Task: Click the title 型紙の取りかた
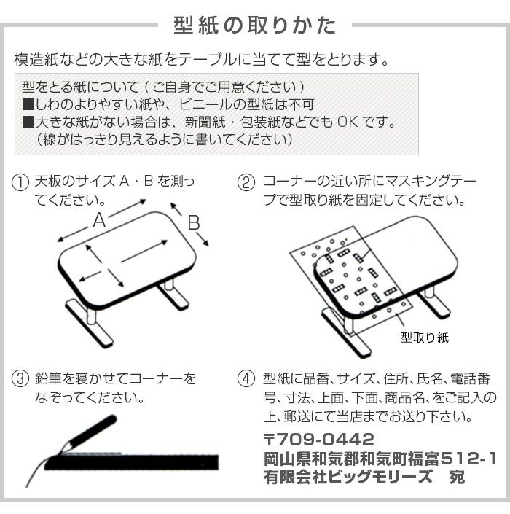[255, 26]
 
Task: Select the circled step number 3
[20, 380]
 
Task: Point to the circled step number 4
[247, 380]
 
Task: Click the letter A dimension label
[99, 221]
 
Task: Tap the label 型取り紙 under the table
[424, 338]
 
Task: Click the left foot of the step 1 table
[90, 322]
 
